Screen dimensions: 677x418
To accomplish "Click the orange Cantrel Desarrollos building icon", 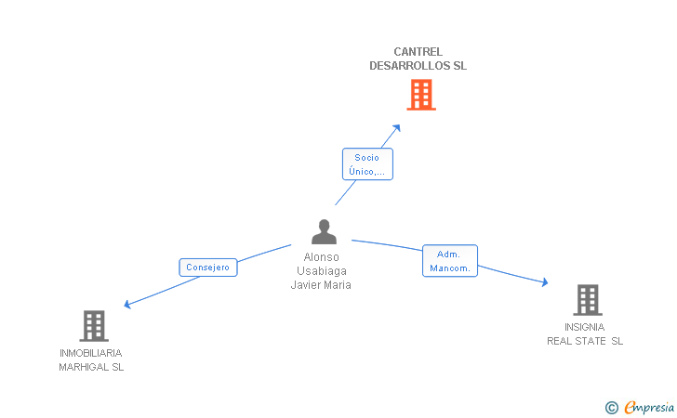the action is pyautogui.click(x=421, y=95).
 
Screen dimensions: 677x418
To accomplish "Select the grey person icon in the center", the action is pyautogui.click(x=324, y=231).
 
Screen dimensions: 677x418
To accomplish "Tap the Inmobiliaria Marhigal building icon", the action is pyautogui.click(x=94, y=326).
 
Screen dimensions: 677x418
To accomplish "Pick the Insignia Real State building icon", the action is pyautogui.click(x=588, y=300).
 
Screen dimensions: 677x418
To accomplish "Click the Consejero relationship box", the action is pyautogui.click(x=208, y=268).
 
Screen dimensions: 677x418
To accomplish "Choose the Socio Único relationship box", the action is pyautogui.click(x=367, y=163).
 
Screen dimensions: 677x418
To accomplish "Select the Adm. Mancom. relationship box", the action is pyautogui.click(x=450, y=260).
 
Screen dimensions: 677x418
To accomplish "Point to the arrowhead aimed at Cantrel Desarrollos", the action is pyautogui.click(x=397, y=128).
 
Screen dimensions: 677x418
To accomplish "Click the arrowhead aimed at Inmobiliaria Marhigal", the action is pyautogui.click(x=127, y=305).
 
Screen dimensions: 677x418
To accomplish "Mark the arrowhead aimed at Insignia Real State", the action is pyautogui.click(x=545, y=282).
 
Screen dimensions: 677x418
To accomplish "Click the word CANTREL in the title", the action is pyautogui.click(x=418, y=52).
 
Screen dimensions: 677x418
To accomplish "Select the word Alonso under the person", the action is pyautogui.click(x=321, y=257).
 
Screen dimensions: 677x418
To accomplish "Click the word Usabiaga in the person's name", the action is pyautogui.click(x=322, y=271).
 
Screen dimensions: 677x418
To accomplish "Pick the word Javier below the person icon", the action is pyautogui.click(x=305, y=285).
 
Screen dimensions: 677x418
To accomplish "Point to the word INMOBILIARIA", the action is pyautogui.click(x=91, y=353).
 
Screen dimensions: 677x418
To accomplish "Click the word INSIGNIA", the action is pyautogui.click(x=585, y=327).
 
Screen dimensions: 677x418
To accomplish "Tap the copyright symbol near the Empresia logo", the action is pyautogui.click(x=612, y=408).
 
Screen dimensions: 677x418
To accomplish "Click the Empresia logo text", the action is pyautogui.click(x=649, y=407).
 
